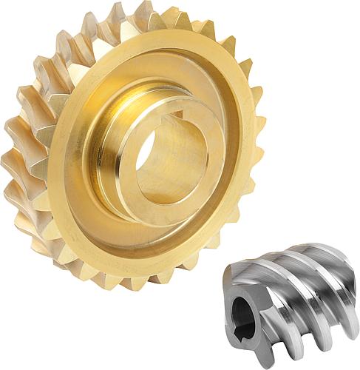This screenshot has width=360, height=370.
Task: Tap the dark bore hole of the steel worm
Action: click(x=245, y=312)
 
